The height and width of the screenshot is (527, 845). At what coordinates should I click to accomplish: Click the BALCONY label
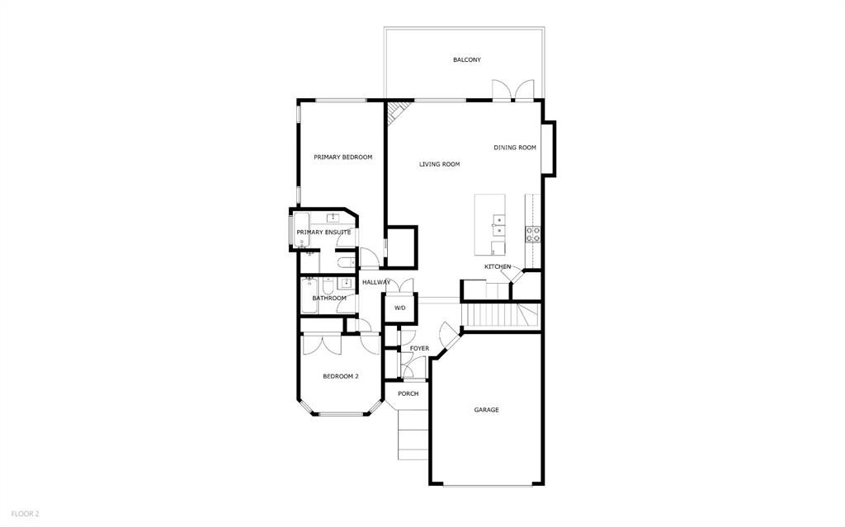[466, 60]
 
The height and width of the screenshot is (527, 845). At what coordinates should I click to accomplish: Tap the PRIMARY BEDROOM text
[342, 157]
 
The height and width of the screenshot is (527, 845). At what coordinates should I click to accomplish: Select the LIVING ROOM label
[439, 164]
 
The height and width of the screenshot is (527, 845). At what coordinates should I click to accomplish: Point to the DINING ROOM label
[515, 148]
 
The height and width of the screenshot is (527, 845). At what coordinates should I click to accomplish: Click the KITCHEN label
[498, 266]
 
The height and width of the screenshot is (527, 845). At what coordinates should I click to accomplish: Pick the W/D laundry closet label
[399, 308]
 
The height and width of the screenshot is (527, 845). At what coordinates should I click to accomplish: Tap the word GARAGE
[486, 410]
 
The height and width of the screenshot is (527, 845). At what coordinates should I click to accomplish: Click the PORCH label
[408, 393]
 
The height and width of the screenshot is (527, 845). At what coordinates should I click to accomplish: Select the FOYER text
[419, 349]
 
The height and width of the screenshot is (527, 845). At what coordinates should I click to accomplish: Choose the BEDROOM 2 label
[340, 376]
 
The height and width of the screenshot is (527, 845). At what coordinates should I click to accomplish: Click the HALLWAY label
[375, 282]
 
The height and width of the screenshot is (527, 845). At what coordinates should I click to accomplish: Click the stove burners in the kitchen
[533, 234]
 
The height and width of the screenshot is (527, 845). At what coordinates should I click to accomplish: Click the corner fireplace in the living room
[399, 111]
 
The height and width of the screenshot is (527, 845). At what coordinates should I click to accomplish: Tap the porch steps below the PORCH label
[413, 433]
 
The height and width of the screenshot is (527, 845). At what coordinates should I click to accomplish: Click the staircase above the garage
[491, 315]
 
